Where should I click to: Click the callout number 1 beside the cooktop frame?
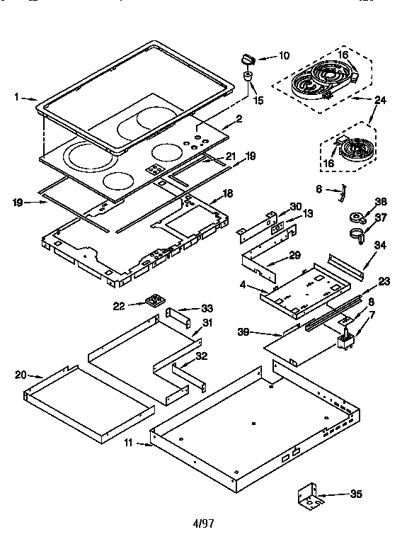pyautogui.click(x=16, y=98)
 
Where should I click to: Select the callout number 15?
pyautogui.click(x=258, y=101)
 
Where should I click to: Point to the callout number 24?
pyautogui.click(x=380, y=100)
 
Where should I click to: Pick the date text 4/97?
pyautogui.click(x=203, y=524)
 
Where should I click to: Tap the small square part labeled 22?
pyautogui.click(x=152, y=302)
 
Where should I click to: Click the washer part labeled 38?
pyautogui.click(x=357, y=217)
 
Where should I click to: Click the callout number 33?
pyautogui.click(x=207, y=308)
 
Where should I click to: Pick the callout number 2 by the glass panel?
pyautogui.click(x=239, y=118)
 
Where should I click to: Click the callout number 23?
pyautogui.click(x=384, y=281)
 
